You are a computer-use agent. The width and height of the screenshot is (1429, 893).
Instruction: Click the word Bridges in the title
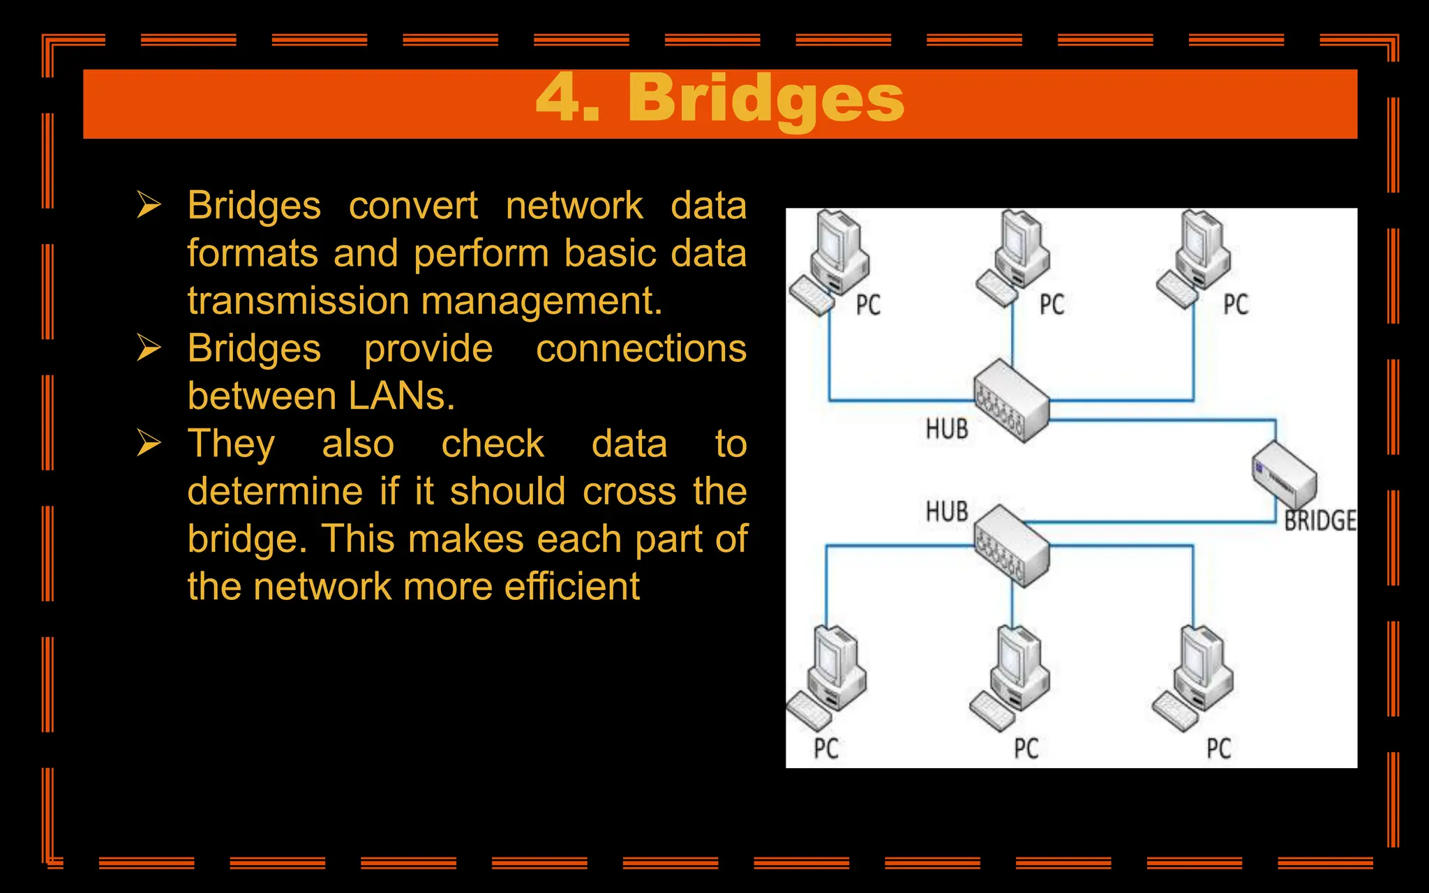(765, 99)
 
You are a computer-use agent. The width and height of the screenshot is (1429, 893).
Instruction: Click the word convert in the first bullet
(413, 207)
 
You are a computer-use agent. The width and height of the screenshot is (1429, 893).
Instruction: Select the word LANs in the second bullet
(401, 396)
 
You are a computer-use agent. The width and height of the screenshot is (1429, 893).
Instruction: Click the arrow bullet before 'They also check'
(149, 443)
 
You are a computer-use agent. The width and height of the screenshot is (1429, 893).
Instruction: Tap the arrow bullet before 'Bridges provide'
(149, 347)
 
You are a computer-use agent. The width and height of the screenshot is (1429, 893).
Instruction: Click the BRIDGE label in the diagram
(1319, 521)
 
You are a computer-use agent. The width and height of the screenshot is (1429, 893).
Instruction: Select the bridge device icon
(1284, 476)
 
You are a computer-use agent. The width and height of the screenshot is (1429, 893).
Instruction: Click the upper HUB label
(947, 428)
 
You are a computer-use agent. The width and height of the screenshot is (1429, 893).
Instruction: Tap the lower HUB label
(947, 511)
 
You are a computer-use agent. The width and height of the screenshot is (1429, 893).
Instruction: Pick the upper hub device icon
(1012, 400)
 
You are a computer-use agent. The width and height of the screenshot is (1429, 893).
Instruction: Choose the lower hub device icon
(1012, 546)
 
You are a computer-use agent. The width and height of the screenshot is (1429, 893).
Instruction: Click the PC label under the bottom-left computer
(826, 749)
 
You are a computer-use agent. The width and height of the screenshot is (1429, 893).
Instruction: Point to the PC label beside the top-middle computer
(1052, 305)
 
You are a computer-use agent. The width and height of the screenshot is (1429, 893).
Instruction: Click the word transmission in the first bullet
(298, 301)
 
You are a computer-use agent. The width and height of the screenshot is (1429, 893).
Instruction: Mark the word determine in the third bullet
(275, 491)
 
